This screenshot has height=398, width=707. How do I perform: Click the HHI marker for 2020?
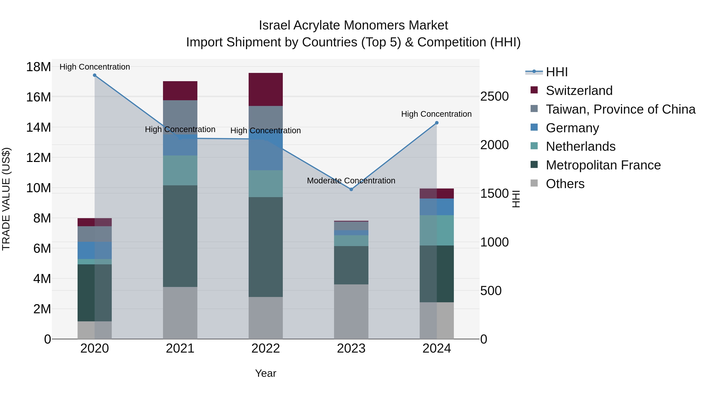[x=95, y=75]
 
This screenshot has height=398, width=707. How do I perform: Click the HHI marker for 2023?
[x=351, y=189]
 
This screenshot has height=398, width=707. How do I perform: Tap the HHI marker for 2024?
[x=437, y=123]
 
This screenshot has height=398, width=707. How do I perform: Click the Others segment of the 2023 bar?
[x=351, y=312]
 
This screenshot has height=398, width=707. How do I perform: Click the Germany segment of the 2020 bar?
[x=95, y=250]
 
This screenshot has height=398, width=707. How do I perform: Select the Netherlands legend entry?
[x=581, y=146]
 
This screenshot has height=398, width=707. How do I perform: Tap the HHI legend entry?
[x=556, y=72]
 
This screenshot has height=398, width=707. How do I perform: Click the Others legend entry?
[x=565, y=184]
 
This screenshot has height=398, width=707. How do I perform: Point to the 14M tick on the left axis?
[x=38, y=127]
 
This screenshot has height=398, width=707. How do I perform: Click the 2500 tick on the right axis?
[x=494, y=97]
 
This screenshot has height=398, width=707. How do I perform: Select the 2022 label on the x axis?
[x=265, y=348]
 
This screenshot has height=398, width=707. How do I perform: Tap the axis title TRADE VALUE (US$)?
[x=6, y=199]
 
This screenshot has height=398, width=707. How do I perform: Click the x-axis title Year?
[x=265, y=373]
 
